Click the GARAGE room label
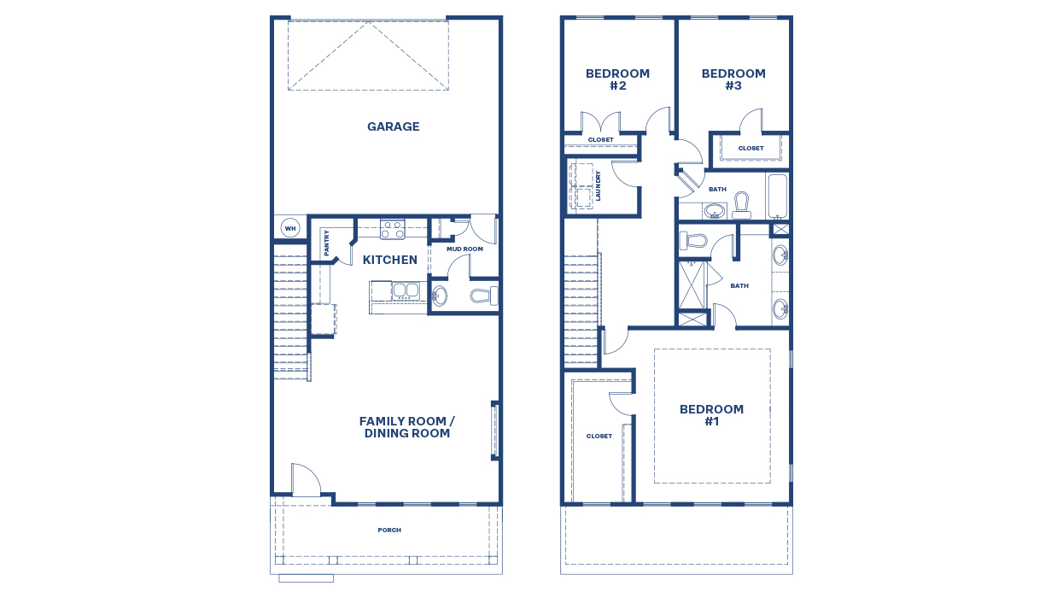tap(393, 126)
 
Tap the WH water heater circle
tap(290, 228)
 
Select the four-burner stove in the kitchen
tap(393, 229)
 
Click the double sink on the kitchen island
tap(406, 290)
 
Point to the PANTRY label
tap(327, 243)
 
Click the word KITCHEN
tap(390, 260)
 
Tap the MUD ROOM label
tap(464, 249)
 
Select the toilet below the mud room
tap(484, 296)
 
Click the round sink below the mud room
tap(440, 296)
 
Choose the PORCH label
tap(389, 531)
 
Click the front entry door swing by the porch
tap(305, 480)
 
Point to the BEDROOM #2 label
tap(617, 79)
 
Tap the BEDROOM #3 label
tap(733, 79)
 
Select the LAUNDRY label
tap(599, 185)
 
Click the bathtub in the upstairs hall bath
tap(777, 197)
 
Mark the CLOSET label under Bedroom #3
tap(751, 149)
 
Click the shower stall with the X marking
tap(692, 284)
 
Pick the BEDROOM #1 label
tap(711, 415)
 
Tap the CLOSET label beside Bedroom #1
tap(599, 437)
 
